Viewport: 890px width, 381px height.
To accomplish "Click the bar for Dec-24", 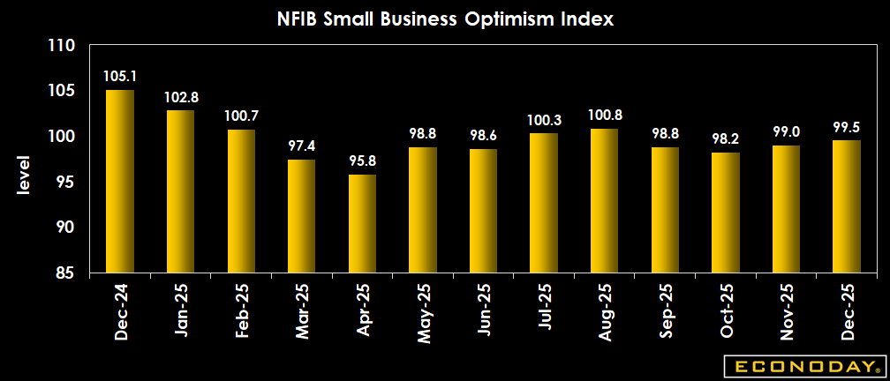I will [x=120, y=182].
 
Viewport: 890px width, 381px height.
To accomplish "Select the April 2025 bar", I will [x=362, y=224].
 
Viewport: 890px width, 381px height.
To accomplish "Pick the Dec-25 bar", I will [x=846, y=207].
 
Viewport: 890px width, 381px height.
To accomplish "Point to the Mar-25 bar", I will [x=302, y=216].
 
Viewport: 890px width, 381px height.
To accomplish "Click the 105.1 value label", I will [x=120, y=77].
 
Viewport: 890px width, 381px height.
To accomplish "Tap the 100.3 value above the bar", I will [x=544, y=120].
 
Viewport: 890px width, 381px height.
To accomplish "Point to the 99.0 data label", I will [x=786, y=132].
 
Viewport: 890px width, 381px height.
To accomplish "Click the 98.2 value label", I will [x=725, y=139].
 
